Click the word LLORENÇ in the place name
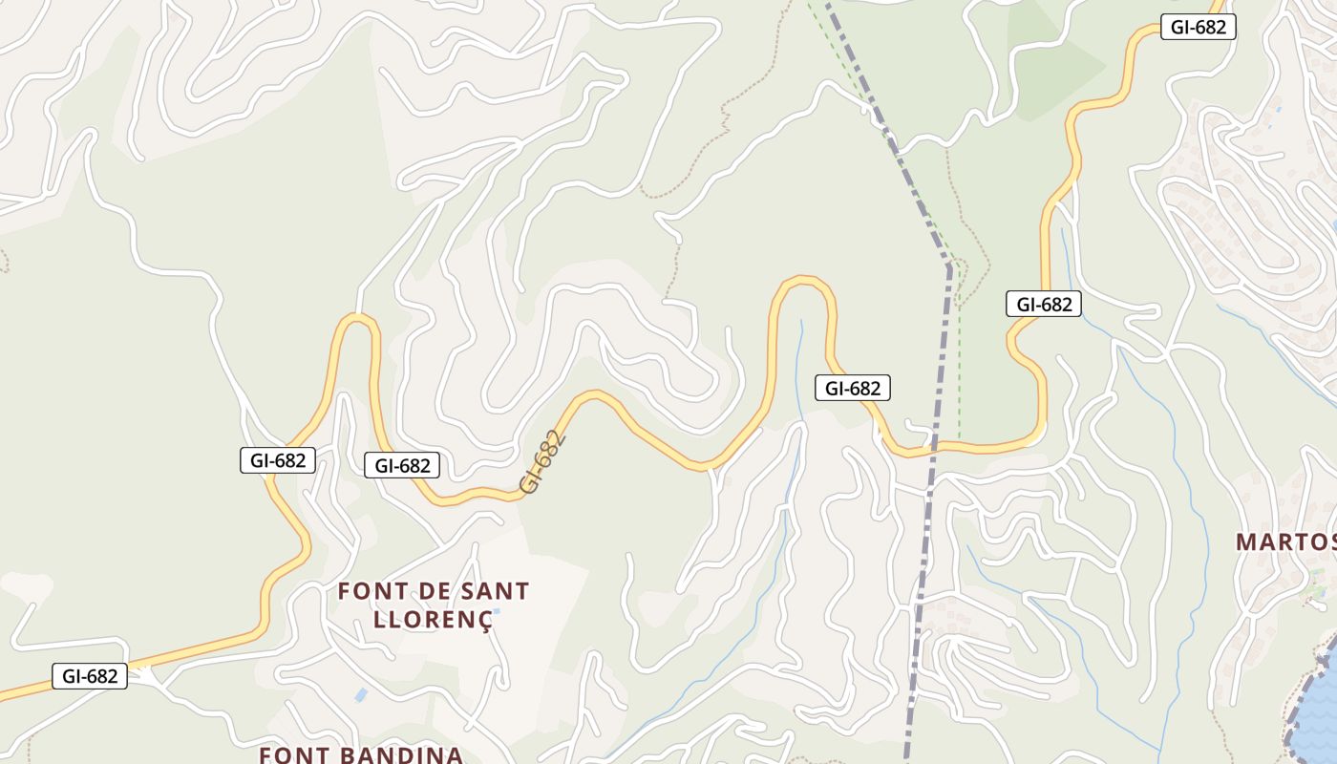433,619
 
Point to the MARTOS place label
1285,542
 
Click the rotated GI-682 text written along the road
542,463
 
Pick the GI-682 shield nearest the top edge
1198,27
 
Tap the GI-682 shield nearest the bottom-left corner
90,676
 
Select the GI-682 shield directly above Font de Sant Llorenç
402,465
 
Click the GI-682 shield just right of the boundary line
1043,305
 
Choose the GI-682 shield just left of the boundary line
852,388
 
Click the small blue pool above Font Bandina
361,695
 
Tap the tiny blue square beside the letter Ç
496,611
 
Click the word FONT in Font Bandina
290,754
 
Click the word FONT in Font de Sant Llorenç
367,591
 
